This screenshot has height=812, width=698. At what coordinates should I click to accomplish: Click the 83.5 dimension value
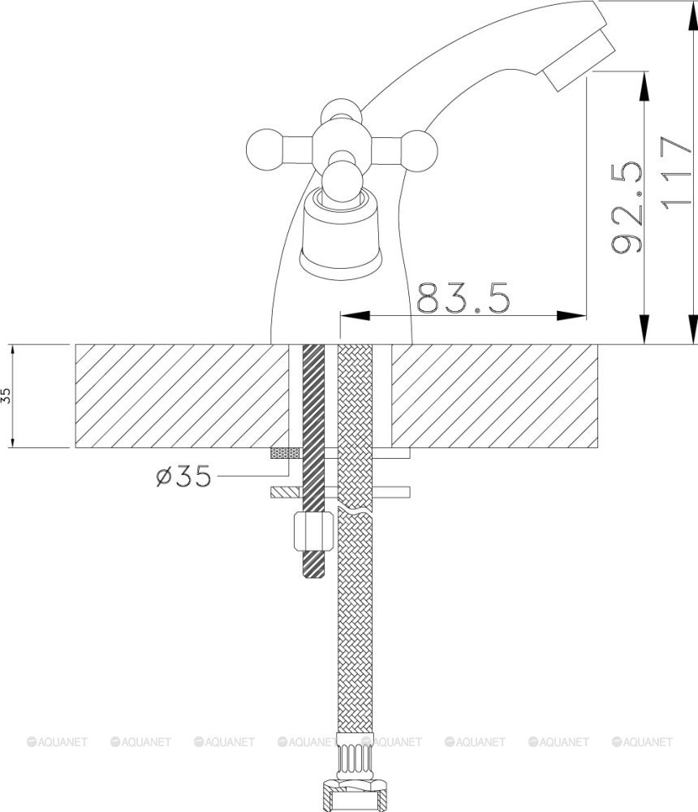[463, 298]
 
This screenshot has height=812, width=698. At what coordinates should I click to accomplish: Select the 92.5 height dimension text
[627, 207]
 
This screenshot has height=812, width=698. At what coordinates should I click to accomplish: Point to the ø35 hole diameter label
[183, 475]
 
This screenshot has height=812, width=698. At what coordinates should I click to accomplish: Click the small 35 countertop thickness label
[6, 396]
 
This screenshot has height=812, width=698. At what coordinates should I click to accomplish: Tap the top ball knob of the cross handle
[341, 112]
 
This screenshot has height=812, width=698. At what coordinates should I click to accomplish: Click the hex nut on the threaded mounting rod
[313, 531]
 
